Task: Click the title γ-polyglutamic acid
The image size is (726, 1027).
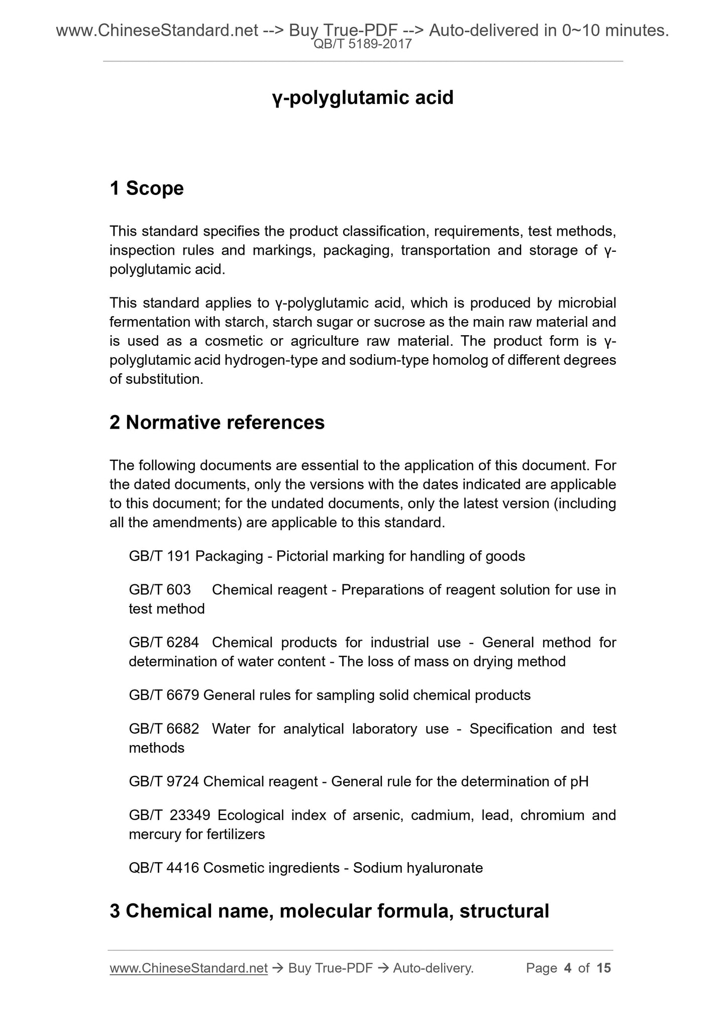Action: click(x=363, y=97)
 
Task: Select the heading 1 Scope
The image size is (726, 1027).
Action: click(x=147, y=188)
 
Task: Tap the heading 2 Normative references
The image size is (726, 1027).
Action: click(x=217, y=423)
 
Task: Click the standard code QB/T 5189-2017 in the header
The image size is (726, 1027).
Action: click(x=363, y=44)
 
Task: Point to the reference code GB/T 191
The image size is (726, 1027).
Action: click(x=160, y=556)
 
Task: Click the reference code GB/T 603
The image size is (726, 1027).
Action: click(x=160, y=589)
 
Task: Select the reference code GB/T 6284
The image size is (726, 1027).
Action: click(x=164, y=642)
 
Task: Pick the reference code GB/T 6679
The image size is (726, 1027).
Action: click(x=164, y=695)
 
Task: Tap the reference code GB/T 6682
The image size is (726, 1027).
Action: click(x=164, y=729)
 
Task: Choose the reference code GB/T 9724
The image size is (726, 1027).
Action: click(x=164, y=781)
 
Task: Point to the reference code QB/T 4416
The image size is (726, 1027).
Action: click(x=164, y=868)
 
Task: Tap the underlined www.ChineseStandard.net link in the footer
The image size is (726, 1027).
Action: click(x=188, y=968)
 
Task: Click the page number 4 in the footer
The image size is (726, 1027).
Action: click(x=568, y=968)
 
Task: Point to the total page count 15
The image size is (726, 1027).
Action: click(x=603, y=968)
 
